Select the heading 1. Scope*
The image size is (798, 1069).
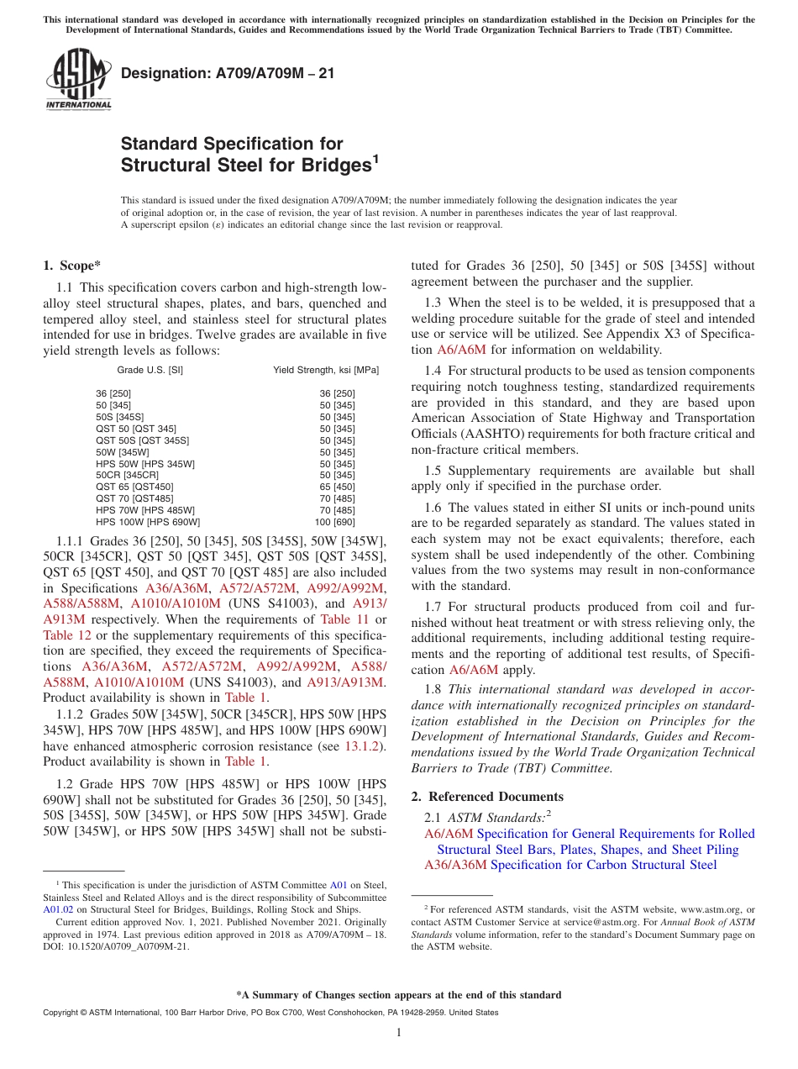[71, 266]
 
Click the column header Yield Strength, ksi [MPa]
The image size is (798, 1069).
[325, 370]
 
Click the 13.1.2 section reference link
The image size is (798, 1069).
[365, 745]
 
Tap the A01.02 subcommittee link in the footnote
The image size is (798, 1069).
[58, 908]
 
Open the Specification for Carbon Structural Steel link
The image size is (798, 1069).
[603, 865]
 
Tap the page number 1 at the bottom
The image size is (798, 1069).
[399, 1032]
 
